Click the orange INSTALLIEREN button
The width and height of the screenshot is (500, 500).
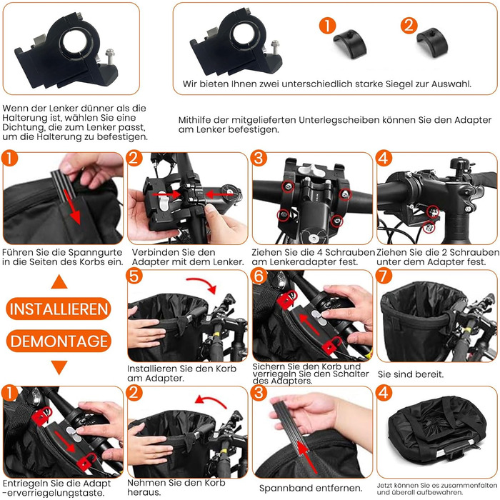coord(59,309)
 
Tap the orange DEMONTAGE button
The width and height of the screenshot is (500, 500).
coord(59,341)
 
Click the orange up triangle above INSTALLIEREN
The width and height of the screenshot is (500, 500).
coord(59,282)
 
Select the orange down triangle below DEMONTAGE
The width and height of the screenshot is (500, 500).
coord(59,367)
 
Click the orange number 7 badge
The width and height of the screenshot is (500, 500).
coord(384,276)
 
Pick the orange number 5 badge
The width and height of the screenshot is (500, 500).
coord(134,276)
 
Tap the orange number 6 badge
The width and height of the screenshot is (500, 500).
coord(259,276)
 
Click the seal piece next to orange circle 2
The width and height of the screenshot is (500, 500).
coord(432,41)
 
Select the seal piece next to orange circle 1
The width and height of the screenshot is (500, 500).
coord(350,44)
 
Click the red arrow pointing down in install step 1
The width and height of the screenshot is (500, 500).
coord(72,206)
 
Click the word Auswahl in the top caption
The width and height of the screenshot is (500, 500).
coord(451,84)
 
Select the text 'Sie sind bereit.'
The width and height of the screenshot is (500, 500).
coord(411,374)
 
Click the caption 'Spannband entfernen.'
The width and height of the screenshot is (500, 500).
coord(311,488)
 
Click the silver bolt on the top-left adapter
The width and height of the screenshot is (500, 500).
coord(110,55)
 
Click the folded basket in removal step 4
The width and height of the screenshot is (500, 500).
coord(437,433)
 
